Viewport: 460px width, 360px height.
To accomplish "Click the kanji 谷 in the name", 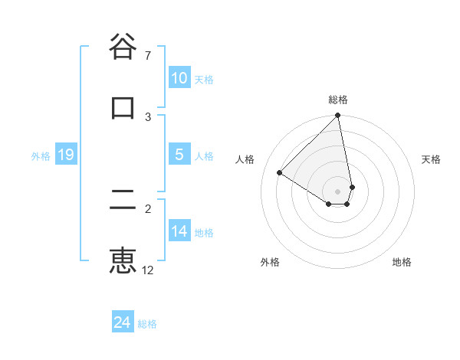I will tap(123, 47).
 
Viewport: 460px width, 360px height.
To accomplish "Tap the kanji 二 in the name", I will tap(123, 201).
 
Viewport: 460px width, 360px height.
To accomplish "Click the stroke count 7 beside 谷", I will tap(148, 56).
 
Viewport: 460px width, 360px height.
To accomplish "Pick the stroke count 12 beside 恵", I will tap(148, 270).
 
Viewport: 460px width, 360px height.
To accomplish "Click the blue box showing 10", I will tap(179, 78).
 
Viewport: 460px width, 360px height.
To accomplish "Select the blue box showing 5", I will tap(179, 155).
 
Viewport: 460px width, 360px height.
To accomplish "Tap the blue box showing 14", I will tap(179, 231).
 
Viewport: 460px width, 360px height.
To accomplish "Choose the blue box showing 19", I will tap(65, 155).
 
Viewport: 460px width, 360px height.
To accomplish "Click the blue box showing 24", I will tap(122, 322).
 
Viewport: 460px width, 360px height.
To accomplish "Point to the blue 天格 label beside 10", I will tap(204, 80).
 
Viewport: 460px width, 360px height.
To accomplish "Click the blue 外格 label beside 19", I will tap(41, 156).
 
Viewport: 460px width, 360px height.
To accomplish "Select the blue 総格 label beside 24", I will tap(147, 324).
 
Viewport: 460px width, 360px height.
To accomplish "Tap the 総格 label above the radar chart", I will tap(338, 100).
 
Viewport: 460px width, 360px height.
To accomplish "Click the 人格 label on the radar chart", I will tap(245, 159).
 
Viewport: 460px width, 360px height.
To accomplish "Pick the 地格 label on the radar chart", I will tap(402, 262).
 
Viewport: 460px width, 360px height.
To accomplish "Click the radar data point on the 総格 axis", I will tap(338, 116).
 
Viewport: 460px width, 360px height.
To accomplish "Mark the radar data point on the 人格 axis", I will tap(280, 173).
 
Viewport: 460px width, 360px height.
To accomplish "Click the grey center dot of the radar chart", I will tap(337, 191).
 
